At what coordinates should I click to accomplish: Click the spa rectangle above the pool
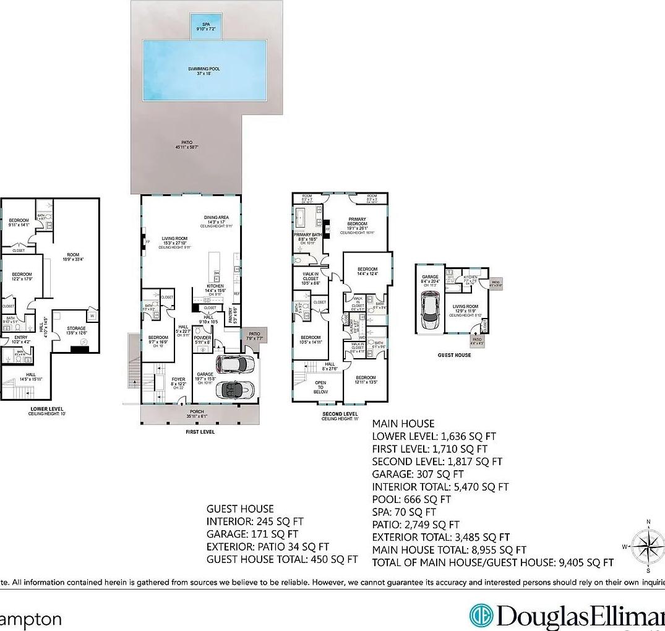[206, 27]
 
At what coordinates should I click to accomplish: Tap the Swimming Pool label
[204, 71]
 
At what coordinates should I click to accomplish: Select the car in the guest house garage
[431, 311]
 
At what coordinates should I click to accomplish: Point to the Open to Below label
[320, 387]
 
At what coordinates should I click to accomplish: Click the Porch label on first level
[197, 411]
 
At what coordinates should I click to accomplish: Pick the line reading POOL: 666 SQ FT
[411, 499]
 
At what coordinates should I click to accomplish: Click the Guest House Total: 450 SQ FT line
[282, 559]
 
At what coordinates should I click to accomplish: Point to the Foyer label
[178, 380]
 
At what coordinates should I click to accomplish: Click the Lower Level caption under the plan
[48, 409]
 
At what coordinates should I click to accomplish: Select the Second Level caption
[340, 414]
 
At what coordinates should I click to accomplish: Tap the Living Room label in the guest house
[466, 307]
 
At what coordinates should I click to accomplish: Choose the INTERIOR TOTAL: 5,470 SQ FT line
[440, 487]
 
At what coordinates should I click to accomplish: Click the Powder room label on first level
[203, 338]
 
